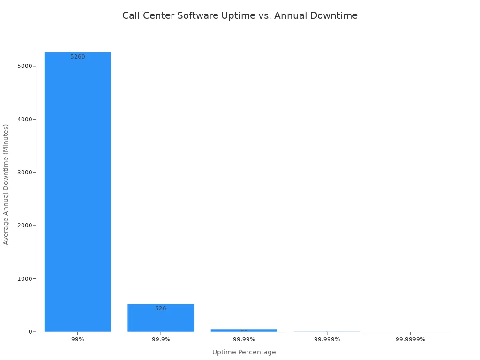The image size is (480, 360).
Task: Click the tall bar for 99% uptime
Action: coord(77,192)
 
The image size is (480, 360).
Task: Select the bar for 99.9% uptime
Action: coord(160,319)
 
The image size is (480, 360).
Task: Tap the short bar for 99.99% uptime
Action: coord(244,330)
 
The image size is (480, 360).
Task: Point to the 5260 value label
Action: coord(78,57)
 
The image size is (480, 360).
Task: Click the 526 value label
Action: coord(161,308)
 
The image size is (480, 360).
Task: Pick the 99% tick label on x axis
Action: coord(78,339)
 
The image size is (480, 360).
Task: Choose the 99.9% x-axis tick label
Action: coord(161,339)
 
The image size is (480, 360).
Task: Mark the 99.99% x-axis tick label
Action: coord(244,339)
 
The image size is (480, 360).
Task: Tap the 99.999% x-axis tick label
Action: coord(327,339)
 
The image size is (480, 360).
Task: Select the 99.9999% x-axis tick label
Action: coord(410,339)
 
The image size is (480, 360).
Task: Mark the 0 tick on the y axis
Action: coord(30,332)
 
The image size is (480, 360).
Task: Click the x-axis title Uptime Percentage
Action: coord(244,352)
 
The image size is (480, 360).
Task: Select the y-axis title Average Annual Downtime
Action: coord(6,184)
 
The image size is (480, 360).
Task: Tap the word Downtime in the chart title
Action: coord(335,16)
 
